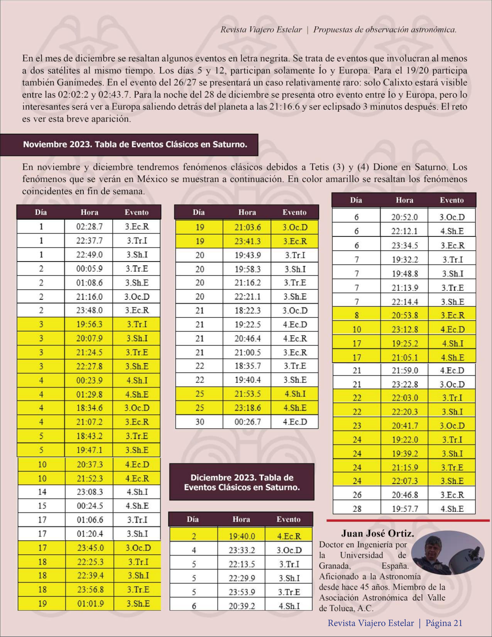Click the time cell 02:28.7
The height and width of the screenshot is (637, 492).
(89, 227)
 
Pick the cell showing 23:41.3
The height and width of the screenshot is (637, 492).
(247, 241)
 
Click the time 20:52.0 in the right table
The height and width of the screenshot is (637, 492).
(405, 217)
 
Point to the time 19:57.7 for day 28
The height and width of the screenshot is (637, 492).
(405, 509)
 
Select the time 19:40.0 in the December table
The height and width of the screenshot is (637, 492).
(242, 536)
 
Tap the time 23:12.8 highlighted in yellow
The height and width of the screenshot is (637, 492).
(405, 329)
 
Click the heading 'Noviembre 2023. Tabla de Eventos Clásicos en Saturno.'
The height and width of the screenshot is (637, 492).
(135, 145)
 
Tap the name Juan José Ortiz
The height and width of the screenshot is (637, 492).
(377, 533)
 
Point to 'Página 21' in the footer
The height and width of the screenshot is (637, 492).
(444, 623)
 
